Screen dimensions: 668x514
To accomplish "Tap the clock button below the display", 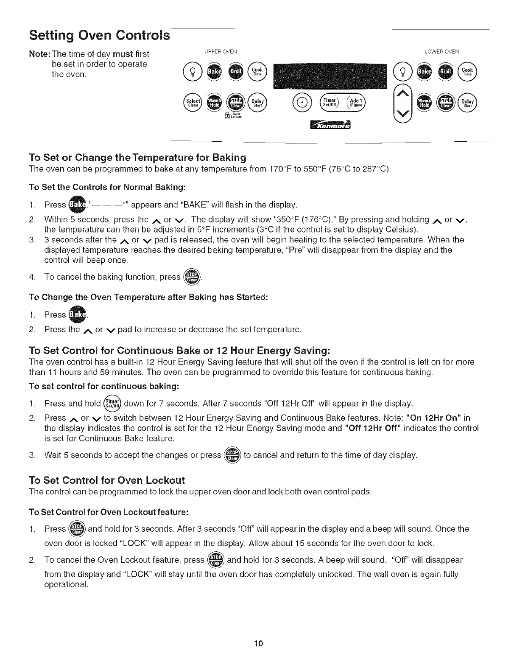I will (301, 102).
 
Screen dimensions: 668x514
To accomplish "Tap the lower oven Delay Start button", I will (468, 102).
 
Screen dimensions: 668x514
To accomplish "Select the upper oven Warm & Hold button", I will (212, 102).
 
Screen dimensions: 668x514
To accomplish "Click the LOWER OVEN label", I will (441, 52).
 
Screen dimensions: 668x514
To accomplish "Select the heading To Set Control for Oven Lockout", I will (107, 480).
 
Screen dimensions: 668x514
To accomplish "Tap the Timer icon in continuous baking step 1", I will (112, 403).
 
